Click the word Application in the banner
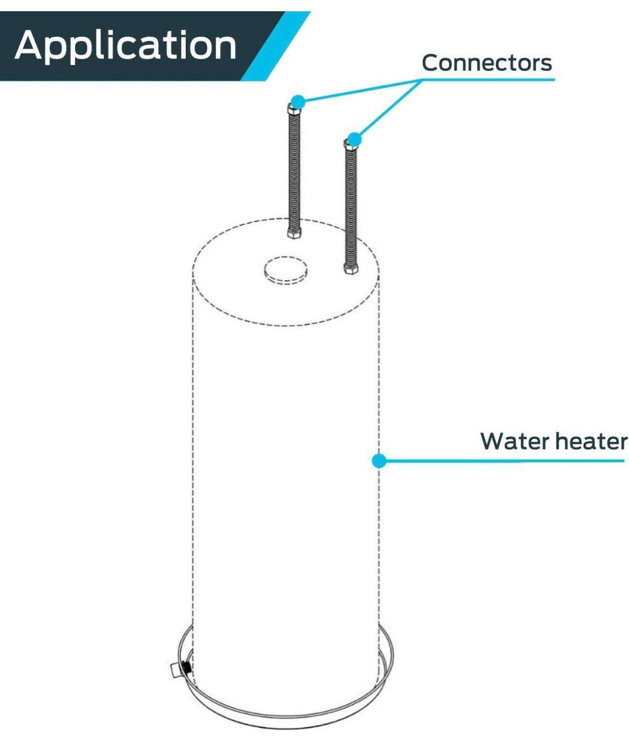(x=126, y=45)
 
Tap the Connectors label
(x=486, y=63)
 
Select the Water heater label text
(x=553, y=441)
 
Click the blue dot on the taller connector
(x=298, y=102)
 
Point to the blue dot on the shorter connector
(x=354, y=140)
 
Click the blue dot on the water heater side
(x=379, y=460)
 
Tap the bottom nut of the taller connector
(x=294, y=233)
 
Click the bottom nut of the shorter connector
(x=351, y=268)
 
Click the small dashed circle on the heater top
(x=286, y=269)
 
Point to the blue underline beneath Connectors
(x=488, y=79)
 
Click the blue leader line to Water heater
(x=502, y=460)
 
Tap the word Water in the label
(x=515, y=441)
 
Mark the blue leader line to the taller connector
(x=361, y=90)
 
